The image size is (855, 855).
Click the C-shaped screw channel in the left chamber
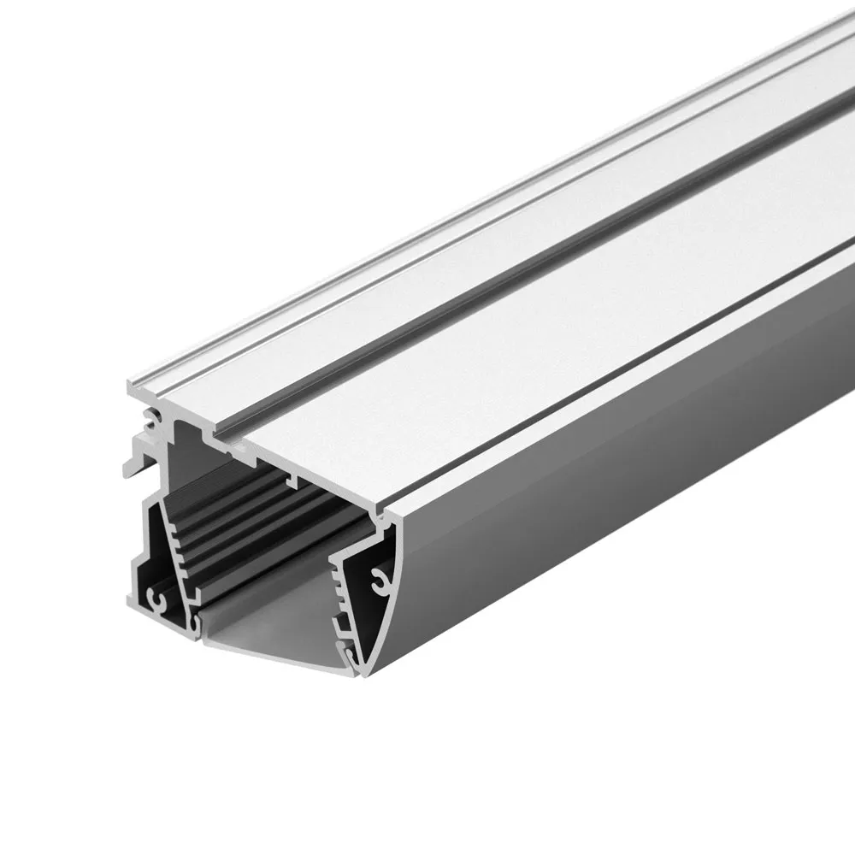click(156, 597)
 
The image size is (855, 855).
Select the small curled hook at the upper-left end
click(151, 419)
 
